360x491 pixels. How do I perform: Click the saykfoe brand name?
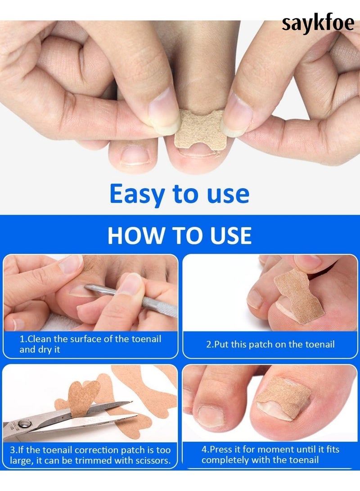318,24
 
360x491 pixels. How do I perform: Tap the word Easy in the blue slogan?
137,194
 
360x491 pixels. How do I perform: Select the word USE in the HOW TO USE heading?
231,235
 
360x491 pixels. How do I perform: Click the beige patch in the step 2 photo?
299,296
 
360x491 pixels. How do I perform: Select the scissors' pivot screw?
24,424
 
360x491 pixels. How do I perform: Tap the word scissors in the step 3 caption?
153,461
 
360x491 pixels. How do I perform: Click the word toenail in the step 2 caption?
320,344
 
